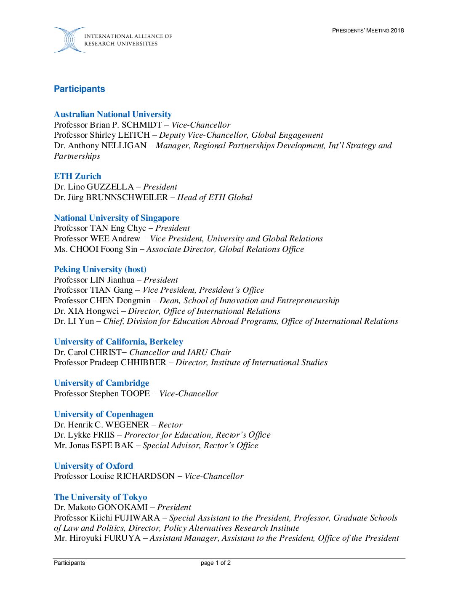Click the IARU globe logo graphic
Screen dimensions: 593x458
point(69,40)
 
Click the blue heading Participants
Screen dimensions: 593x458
point(79,89)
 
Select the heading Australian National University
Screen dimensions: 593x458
point(113,115)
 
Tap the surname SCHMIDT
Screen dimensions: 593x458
point(142,125)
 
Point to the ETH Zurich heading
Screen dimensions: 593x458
point(77,176)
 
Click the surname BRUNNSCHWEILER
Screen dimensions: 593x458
point(127,198)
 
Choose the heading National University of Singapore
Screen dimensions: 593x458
point(117,218)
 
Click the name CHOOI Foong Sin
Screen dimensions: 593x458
point(104,249)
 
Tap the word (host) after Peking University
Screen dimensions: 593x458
point(136,270)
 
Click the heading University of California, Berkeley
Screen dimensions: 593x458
point(118,342)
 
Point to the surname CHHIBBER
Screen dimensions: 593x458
point(144,363)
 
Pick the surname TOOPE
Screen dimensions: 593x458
point(135,394)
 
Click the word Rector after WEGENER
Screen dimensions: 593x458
point(170,425)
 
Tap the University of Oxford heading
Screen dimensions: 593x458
point(93,466)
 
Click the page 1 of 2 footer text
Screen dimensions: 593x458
point(216,563)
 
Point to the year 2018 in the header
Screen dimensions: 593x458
point(397,30)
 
